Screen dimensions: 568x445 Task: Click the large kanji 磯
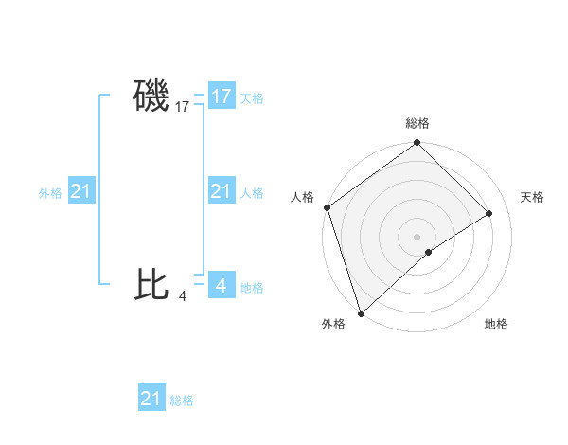pos(151,97)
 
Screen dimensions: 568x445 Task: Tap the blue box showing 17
pos(222,97)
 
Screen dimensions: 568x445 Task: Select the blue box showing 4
pos(222,284)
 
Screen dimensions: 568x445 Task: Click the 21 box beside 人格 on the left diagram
pos(222,192)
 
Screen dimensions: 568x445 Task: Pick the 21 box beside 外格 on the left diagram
pos(81,192)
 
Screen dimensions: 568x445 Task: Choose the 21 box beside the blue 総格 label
pos(151,399)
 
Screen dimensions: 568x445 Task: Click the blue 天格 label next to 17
pos(252,98)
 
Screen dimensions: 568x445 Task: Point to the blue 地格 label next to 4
pos(252,288)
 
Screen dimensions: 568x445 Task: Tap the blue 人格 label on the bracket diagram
pos(252,193)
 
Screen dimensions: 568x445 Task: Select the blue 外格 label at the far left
pos(50,193)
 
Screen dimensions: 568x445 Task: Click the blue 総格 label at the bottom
pos(182,400)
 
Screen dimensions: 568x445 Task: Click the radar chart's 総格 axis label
pos(417,123)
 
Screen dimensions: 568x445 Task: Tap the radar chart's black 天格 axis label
pos(532,197)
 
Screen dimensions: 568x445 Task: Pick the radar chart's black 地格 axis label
pos(496,325)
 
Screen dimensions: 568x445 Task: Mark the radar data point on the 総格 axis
pos(417,144)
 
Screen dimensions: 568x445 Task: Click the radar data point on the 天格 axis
pos(489,213)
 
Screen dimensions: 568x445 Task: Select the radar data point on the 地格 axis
pos(429,252)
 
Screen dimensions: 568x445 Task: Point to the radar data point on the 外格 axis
pos(361,312)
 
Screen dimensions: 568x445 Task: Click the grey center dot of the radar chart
pos(417,236)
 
